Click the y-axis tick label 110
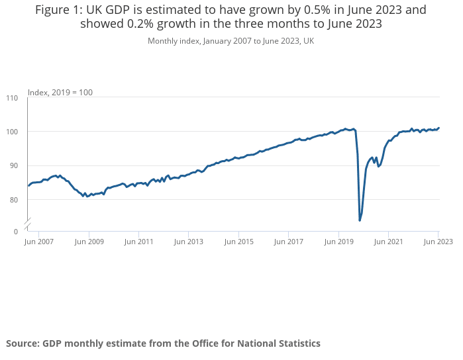(x=12, y=98)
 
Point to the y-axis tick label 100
(x=12, y=132)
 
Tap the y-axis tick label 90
(x=13, y=165)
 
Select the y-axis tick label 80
(x=13, y=199)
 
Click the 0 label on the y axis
(x=16, y=231)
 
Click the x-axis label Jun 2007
(x=38, y=242)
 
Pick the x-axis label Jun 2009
(x=89, y=242)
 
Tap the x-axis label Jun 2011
(x=138, y=242)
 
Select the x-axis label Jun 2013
(x=188, y=242)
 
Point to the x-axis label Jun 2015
(x=238, y=242)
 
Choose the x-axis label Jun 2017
(x=288, y=242)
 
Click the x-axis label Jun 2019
(x=338, y=242)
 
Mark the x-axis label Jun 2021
(x=388, y=242)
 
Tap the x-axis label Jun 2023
(x=438, y=242)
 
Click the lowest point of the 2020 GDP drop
(x=360, y=220)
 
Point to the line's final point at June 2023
(x=438, y=128)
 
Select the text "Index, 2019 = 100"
(x=60, y=92)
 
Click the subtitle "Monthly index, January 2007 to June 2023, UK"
(x=231, y=41)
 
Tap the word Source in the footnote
(x=22, y=343)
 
